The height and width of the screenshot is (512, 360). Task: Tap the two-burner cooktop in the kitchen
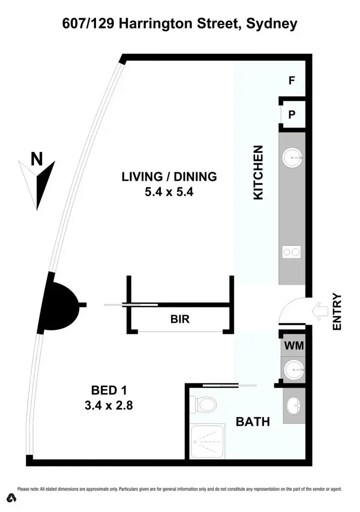(x=291, y=252)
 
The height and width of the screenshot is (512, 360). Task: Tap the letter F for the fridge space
(x=291, y=81)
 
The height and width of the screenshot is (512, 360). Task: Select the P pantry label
(x=291, y=114)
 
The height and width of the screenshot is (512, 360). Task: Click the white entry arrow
(x=319, y=311)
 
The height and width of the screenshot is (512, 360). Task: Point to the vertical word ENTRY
(x=337, y=312)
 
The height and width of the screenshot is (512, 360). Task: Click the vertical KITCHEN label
(x=258, y=172)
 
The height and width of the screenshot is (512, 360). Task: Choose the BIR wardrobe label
(x=180, y=319)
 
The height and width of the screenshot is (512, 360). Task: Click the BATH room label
(x=252, y=422)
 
